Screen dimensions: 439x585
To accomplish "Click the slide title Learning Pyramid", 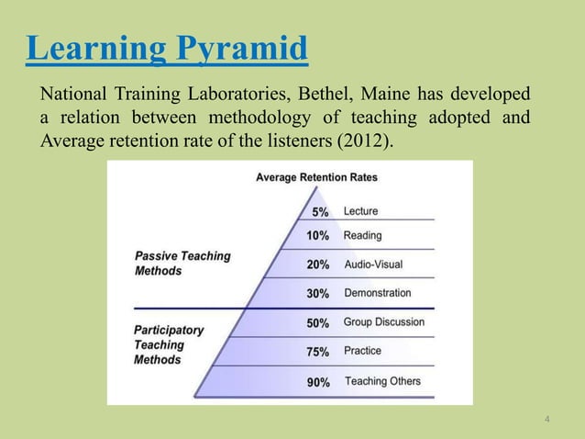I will [166, 49].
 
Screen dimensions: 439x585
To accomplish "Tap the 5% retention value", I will [321, 211].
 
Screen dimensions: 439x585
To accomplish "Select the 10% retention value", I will [318, 236].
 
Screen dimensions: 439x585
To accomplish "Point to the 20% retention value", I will [318, 265].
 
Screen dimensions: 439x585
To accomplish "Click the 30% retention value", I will [318, 293].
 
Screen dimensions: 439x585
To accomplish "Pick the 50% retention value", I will [318, 322].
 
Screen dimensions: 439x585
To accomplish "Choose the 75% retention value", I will [318, 351].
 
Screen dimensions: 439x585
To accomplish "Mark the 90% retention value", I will [318, 382].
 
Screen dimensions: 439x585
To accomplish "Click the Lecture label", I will [360, 211].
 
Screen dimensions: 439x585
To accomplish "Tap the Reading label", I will [362, 236].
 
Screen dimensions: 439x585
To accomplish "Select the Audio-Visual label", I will [373, 265].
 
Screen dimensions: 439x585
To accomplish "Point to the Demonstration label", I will [378, 293].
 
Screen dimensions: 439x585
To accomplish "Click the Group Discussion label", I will [384, 322].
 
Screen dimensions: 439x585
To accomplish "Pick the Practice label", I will [363, 351].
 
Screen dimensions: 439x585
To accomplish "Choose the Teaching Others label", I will [383, 381].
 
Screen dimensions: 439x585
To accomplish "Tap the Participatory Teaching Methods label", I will [169, 344].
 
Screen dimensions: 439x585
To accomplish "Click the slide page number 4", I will [547, 421].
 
